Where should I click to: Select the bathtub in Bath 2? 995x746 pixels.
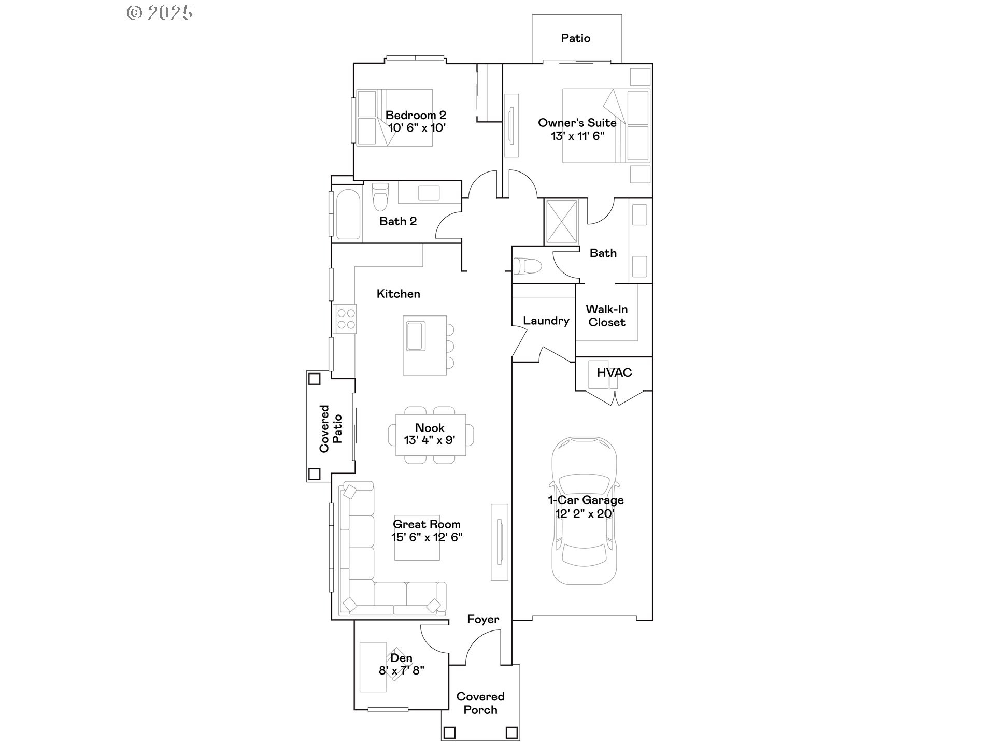pos(348,214)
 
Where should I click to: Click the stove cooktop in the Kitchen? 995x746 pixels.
pos(345,319)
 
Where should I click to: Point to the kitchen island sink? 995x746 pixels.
pos(416,336)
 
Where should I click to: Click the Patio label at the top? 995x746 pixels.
pos(575,38)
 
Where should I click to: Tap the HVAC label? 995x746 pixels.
pos(614,372)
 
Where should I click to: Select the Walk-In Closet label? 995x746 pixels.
pos(606,315)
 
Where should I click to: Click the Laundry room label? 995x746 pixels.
pos(546,321)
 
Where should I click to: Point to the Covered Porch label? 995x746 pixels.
pos(480,703)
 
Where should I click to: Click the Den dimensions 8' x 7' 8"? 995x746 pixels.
pos(402,670)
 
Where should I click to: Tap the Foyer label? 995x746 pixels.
pos(483,619)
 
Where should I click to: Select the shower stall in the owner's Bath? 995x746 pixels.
pos(561,222)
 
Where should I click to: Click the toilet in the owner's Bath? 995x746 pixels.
pos(528,267)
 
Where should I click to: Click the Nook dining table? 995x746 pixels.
pos(430,435)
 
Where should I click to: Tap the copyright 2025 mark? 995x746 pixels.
pos(160,13)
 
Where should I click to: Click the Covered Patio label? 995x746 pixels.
pos(331,428)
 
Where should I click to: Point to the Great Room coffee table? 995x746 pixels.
pos(417,538)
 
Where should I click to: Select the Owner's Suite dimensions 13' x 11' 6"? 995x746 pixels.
pos(577,136)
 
